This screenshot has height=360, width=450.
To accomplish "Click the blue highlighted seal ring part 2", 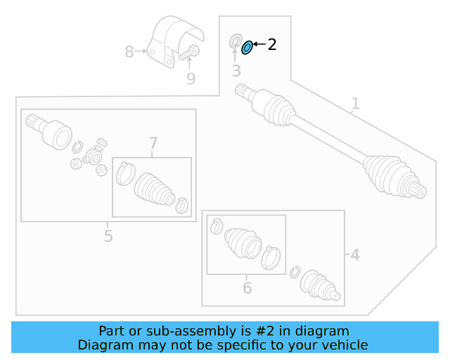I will [247, 48].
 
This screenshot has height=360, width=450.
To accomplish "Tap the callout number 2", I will [272, 44].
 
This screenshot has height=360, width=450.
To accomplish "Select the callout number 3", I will [236, 71].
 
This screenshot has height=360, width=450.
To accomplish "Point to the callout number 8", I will [129, 51].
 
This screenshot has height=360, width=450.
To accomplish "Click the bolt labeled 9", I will [188, 52].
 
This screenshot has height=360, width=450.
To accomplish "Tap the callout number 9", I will [191, 79].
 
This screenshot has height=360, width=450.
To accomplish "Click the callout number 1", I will [356, 103].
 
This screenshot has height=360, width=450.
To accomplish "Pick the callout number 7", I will [153, 144].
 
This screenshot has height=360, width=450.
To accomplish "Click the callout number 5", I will [108, 236].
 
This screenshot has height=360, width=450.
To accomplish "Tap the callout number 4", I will [355, 255].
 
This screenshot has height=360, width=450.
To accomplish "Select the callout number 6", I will [247, 288].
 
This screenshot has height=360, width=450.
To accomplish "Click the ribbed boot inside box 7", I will [153, 188].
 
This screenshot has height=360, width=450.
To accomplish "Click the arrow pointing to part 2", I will [259, 44].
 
